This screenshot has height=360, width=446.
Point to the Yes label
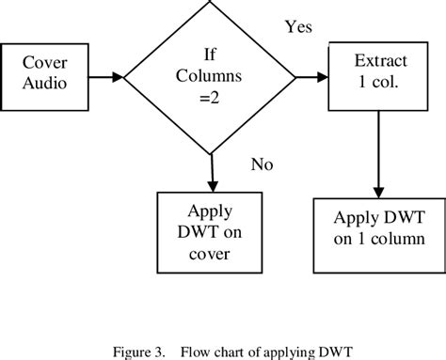click(298, 27)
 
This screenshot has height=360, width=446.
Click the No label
click(262, 165)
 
